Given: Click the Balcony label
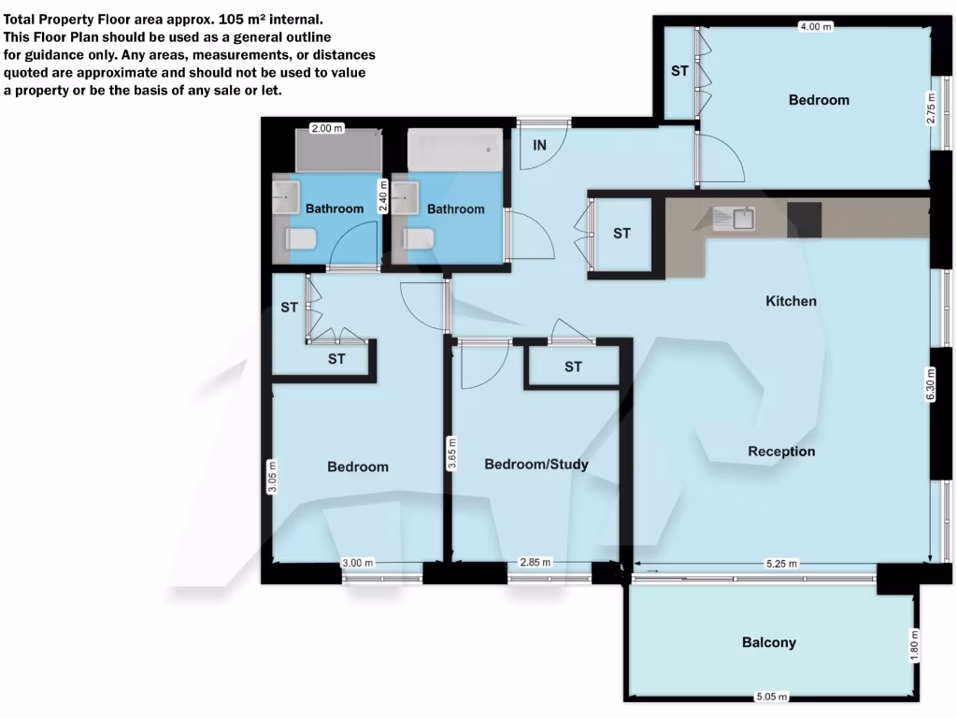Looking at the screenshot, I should tap(768, 642).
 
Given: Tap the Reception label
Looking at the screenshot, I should tap(781, 452).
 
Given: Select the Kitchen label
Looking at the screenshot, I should tap(791, 301).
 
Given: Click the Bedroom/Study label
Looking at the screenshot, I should tap(536, 464).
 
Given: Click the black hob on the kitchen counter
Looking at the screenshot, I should tap(804, 218).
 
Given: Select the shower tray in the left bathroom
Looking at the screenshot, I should tap(338, 150).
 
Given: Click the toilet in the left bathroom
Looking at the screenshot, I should tap(302, 240).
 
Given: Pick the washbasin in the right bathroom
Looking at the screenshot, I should tap(407, 199).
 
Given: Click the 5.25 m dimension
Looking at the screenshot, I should tap(780, 563).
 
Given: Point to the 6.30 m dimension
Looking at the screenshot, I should tap(930, 384).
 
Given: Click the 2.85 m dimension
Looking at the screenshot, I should tap(535, 563).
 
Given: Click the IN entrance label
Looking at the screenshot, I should tap(539, 145).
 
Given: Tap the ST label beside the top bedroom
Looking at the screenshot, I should tap(679, 71).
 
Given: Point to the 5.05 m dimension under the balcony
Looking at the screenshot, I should tap(772, 696).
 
